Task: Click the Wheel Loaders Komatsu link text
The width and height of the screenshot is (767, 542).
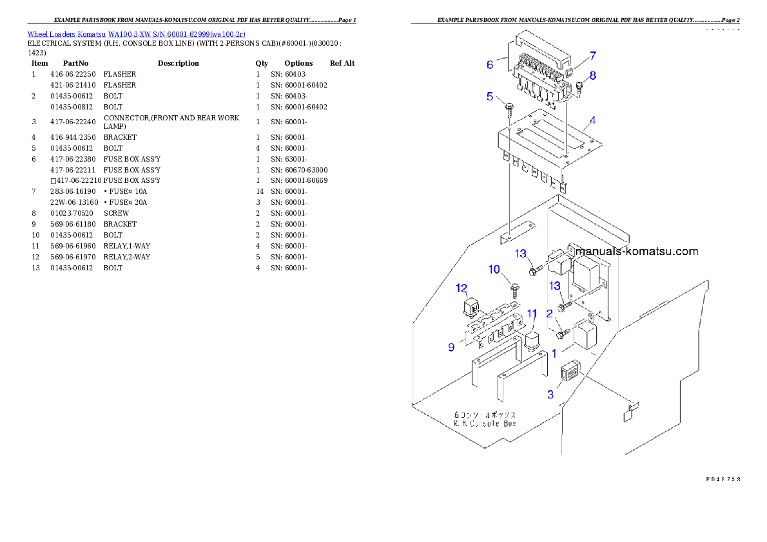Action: click(136, 33)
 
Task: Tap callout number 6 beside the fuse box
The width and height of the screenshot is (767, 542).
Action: click(490, 64)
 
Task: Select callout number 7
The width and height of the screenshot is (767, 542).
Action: click(592, 55)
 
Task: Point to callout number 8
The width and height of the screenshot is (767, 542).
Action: click(592, 75)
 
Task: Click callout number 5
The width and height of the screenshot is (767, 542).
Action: click(490, 97)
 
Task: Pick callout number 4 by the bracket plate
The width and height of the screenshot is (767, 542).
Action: click(592, 120)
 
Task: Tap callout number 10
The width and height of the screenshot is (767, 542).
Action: click(494, 269)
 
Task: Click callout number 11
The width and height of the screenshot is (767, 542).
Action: click(532, 313)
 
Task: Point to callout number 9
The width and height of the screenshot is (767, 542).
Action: click(451, 347)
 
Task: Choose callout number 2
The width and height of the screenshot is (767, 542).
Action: click(549, 313)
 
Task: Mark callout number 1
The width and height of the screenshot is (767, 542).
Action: click(554, 353)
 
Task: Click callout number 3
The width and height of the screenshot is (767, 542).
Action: click(550, 394)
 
